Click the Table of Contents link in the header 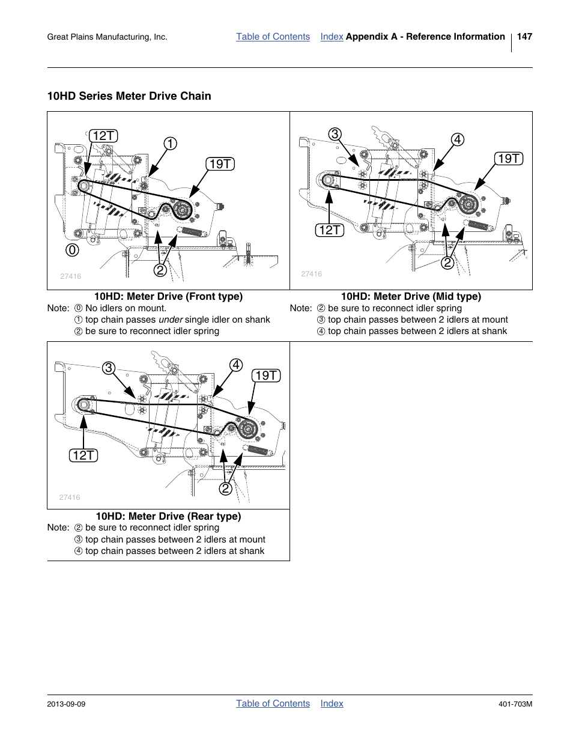pyautogui.click(x=273, y=37)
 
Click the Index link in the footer pyautogui.click(x=332, y=704)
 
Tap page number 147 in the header pyautogui.click(x=524, y=37)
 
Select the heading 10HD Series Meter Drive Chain pyautogui.click(x=129, y=96)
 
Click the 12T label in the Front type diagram pyautogui.click(x=103, y=136)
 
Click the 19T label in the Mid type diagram pyautogui.click(x=509, y=159)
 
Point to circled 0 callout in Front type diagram pyautogui.click(x=72, y=249)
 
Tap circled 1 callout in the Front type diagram pyautogui.click(x=170, y=144)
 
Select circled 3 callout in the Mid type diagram pyautogui.click(x=335, y=134)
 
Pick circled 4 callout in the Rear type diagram pyautogui.click(x=236, y=365)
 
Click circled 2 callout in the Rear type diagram pyautogui.click(x=225, y=488)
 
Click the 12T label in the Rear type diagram pyautogui.click(x=83, y=455)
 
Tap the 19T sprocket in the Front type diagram pyautogui.click(x=183, y=210)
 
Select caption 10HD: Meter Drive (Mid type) pyautogui.click(x=411, y=296)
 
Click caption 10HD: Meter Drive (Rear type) pyautogui.click(x=168, y=516)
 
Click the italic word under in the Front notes pyautogui.click(x=171, y=320)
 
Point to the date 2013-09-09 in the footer pyautogui.click(x=66, y=704)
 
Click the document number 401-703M pyautogui.click(x=516, y=704)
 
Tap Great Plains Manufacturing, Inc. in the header pyautogui.click(x=107, y=37)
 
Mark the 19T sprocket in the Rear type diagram pyautogui.click(x=247, y=428)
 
